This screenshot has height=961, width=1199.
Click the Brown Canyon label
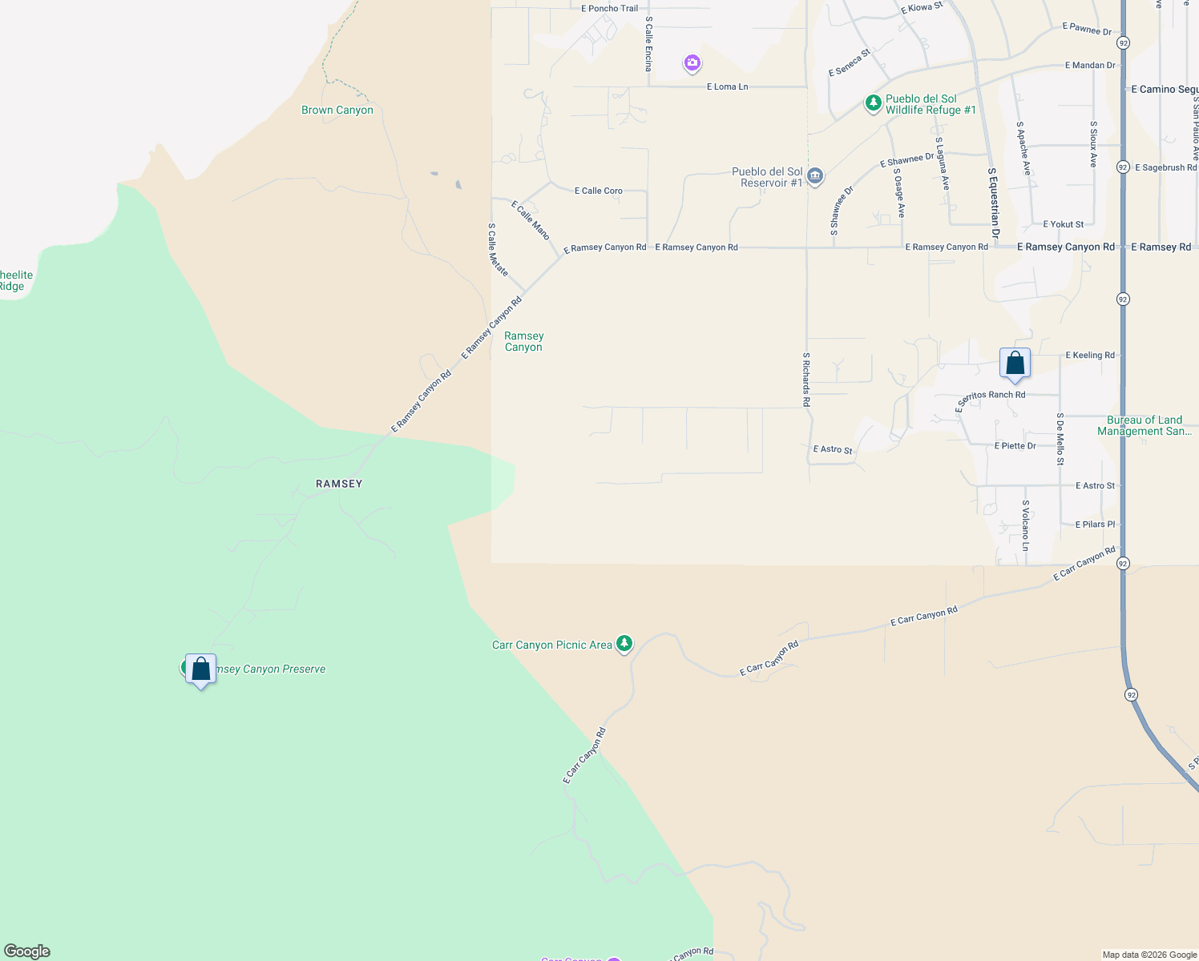point(337,110)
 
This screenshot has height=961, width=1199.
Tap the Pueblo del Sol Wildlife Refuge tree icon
point(873,103)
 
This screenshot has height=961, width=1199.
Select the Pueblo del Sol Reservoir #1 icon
point(815,176)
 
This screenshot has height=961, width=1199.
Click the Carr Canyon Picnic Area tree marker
point(624,644)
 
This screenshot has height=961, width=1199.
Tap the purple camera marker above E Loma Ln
point(692,62)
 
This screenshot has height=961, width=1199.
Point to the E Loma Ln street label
point(727,86)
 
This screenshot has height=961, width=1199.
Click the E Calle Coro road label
point(598,191)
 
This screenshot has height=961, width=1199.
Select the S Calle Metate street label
point(498,250)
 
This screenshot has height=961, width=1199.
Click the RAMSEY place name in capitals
point(339,484)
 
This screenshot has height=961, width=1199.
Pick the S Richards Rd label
point(806,380)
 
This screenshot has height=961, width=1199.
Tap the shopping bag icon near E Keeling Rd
point(1015,364)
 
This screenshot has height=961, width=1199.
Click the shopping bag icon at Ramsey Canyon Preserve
point(200,669)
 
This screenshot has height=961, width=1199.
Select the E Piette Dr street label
point(1015,445)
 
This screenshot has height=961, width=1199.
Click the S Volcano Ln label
point(1025,525)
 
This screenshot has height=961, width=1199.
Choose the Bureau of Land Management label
point(1144,425)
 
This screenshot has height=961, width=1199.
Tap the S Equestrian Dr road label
point(994,203)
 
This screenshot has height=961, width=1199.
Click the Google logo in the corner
point(27,951)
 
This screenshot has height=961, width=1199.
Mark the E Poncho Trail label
point(610,9)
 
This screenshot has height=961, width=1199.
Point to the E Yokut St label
point(1063,224)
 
